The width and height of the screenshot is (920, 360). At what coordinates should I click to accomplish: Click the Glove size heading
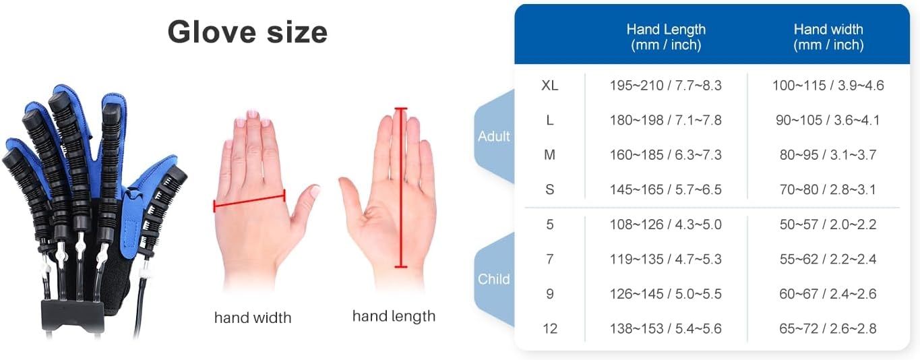[x=247, y=32]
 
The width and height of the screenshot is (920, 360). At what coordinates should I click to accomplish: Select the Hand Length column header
[x=666, y=37]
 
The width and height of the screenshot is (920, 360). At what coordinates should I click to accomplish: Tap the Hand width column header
[x=828, y=37]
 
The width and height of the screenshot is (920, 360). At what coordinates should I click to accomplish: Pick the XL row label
[x=550, y=86]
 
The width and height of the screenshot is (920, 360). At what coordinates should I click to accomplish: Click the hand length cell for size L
[x=665, y=120]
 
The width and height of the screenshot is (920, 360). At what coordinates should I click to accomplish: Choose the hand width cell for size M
[x=828, y=155]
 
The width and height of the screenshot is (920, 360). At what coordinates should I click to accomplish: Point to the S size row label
[x=550, y=189]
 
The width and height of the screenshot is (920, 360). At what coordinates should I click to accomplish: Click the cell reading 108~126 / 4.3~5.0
[x=665, y=224]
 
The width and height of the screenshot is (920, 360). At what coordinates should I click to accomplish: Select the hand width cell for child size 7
[x=828, y=259]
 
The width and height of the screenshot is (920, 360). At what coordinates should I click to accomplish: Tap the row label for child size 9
[x=550, y=294]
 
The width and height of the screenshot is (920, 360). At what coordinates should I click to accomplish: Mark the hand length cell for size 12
[x=665, y=329]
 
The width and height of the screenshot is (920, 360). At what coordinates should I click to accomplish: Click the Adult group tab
[x=494, y=136]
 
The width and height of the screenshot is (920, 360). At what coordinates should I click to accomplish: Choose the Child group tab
[x=494, y=279]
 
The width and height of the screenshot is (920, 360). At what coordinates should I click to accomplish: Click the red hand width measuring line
[x=249, y=200]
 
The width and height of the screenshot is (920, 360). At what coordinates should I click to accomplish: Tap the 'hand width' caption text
[x=253, y=318]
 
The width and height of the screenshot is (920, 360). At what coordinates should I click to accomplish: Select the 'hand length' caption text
[x=394, y=316]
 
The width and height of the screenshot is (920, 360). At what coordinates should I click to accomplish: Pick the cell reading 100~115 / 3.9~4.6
[x=828, y=86]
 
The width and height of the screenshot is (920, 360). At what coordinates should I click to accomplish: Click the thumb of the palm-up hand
[x=353, y=196]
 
